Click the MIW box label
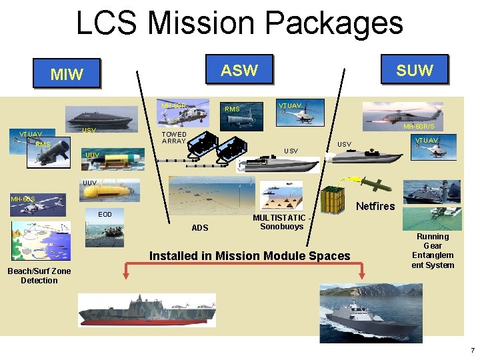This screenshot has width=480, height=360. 67,74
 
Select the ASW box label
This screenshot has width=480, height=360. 239,69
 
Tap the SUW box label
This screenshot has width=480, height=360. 414,69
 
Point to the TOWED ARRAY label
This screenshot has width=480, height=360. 174,138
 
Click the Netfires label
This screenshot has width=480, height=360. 375,206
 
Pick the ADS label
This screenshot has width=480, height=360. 200,228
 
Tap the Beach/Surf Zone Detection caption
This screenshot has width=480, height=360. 39,275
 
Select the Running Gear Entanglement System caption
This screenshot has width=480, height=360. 433,251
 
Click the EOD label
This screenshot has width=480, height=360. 105,215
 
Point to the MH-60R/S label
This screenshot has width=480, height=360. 419,126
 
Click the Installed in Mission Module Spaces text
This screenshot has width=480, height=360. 249,256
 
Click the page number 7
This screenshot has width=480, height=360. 472,351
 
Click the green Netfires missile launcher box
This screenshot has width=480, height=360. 334,200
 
